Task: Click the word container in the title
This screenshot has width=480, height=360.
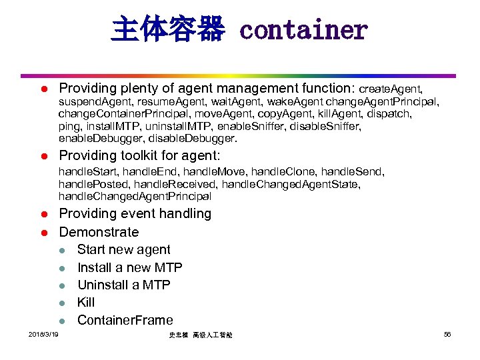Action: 303,31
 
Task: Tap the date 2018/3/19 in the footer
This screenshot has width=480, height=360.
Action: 43,333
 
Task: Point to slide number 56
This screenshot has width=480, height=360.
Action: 447,333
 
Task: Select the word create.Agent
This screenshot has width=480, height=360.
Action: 391,89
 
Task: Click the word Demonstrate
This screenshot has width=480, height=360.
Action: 99,232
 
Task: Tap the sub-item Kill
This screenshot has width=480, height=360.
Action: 86,302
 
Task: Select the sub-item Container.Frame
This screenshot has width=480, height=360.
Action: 125,320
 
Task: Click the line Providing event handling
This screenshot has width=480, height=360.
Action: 135,214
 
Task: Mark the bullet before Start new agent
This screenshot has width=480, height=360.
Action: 61,250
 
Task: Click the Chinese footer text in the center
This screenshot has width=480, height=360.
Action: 201,334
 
